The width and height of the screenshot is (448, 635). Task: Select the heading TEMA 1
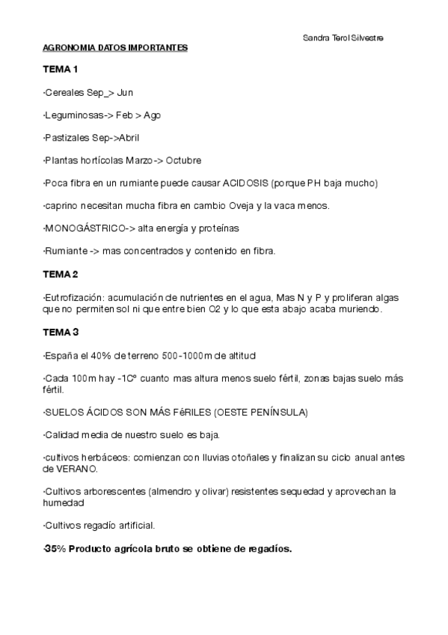pyautogui.click(x=61, y=70)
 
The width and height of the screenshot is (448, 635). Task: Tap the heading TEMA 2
pyautogui.click(x=61, y=274)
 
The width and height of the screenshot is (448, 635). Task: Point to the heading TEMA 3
pyautogui.click(x=61, y=332)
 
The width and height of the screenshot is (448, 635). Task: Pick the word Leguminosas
pyautogui.click(x=73, y=115)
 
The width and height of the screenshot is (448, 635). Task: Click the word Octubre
pyautogui.click(x=183, y=160)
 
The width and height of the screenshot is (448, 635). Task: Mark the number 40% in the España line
pyautogui.click(x=88, y=354)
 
